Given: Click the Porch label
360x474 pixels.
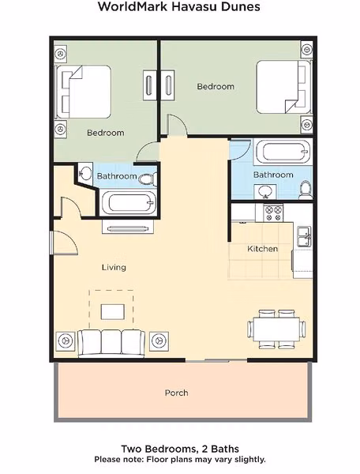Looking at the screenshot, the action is (176, 393).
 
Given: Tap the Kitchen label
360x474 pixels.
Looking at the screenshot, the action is (262, 249).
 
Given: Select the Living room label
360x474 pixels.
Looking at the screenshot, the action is (114, 268).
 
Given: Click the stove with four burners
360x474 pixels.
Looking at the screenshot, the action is (273, 213).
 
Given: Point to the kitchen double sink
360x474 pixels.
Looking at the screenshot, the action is (304, 236).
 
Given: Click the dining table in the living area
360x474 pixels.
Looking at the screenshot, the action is (276, 329).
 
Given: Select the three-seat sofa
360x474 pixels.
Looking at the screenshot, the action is (111, 344).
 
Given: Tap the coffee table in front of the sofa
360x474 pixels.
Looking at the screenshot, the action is (113, 312).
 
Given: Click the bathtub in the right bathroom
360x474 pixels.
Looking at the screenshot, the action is (283, 152).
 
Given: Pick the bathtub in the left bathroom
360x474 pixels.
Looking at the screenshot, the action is (129, 203).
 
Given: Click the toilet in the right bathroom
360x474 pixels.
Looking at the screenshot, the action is (306, 190).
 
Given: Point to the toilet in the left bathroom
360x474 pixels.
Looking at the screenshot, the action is (148, 179).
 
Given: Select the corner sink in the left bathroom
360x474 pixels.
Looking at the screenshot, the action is (85, 173).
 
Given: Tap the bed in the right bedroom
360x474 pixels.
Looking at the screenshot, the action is (283, 87).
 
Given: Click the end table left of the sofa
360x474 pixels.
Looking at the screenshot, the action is (66, 341).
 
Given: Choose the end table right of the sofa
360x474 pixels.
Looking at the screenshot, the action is (159, 341).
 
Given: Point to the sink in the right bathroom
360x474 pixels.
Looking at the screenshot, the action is (265, 192).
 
